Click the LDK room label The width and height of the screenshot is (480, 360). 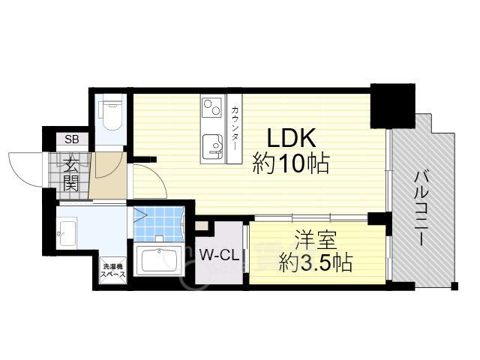[x=291, y=138]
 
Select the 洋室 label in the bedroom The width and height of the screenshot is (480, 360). [x=316, y=240]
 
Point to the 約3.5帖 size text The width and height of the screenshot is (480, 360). [x=316, y=262]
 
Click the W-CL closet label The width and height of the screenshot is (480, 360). [x=219, y=255]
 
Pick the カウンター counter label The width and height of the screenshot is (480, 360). [x=235, y=128]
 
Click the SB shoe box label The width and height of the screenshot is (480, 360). [x=72, y=139]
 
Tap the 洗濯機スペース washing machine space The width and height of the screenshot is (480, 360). [x=113, y=270]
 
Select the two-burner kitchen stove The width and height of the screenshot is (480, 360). [x=211, y=107]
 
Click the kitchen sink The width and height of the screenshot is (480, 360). [x=212, y=147]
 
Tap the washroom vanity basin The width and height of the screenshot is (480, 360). [x=67, y=233]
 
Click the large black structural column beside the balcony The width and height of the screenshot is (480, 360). [x=393, y=106]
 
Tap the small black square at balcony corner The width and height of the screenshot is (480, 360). [x=454, y=286]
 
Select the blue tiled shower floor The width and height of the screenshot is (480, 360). [x=158, y=224]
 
